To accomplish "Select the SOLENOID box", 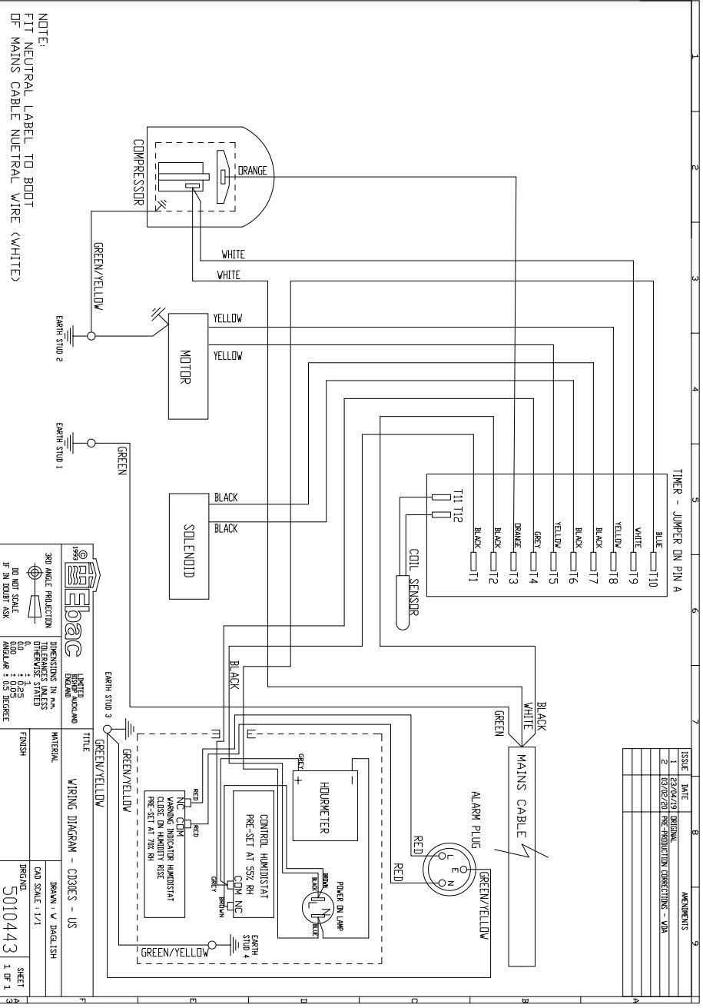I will (x=187, y=543).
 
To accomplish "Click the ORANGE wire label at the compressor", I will (x=252, y=171).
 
